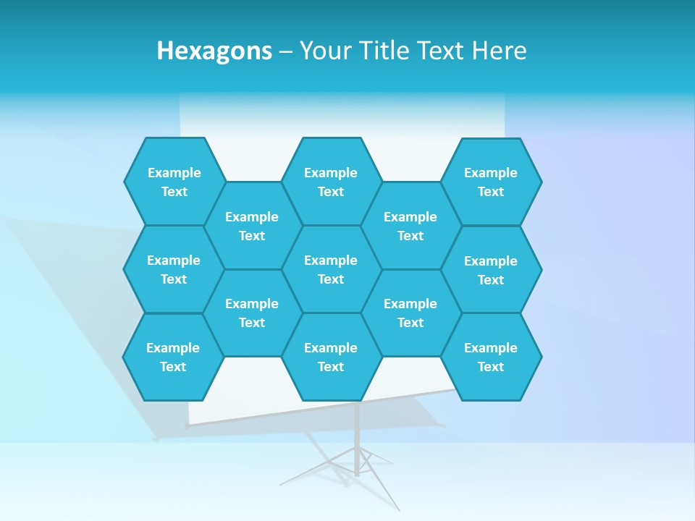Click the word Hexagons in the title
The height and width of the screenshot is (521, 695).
[x=214, y=51]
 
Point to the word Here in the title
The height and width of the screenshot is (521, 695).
[x=500, y=51]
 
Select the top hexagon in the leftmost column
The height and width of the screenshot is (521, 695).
[x=174, y=182]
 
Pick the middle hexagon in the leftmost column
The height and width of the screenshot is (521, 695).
[x=174, y=269]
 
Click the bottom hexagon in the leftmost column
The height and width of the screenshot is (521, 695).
[x=173, y=357]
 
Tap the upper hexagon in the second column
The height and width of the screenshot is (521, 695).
[x=252, y=226]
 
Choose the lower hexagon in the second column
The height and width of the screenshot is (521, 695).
[x=252, y=313]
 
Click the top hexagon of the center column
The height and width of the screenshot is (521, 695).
[x=331, y=182]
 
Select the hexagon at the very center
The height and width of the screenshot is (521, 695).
[x=331, y=269]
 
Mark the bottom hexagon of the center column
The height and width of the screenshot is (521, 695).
[x=331, y=357]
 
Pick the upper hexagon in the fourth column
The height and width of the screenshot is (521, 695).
[x=410, y=226]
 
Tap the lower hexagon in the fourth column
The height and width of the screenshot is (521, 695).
[x=410, y=313]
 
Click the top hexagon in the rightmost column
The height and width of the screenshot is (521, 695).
[x=491, y=182]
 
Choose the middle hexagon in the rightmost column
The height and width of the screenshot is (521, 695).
[x=491, y=270]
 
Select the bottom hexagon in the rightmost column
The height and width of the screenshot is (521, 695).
[x=491, y=357]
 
